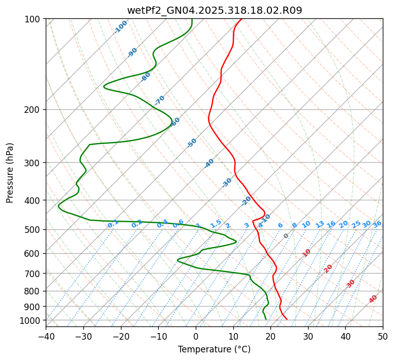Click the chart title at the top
point(214,11)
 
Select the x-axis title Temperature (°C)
point(214,349)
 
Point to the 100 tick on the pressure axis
point(35,19)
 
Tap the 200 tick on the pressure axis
point(35,109)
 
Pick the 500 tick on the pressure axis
point(35,230)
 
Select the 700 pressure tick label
point(35,274)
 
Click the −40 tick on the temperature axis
point(46,336)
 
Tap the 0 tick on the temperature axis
point(196,336)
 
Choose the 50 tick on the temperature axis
point(383,336)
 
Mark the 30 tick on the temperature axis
point(308,336)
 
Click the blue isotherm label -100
point(121,27)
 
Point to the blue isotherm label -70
point(160,100)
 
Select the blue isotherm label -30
point(227,183)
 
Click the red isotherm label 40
point(373,299)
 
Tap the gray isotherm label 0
point(286,236)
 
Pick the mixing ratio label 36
point(377,224)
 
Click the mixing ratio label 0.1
point(113,223)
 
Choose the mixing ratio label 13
point(320,224)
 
